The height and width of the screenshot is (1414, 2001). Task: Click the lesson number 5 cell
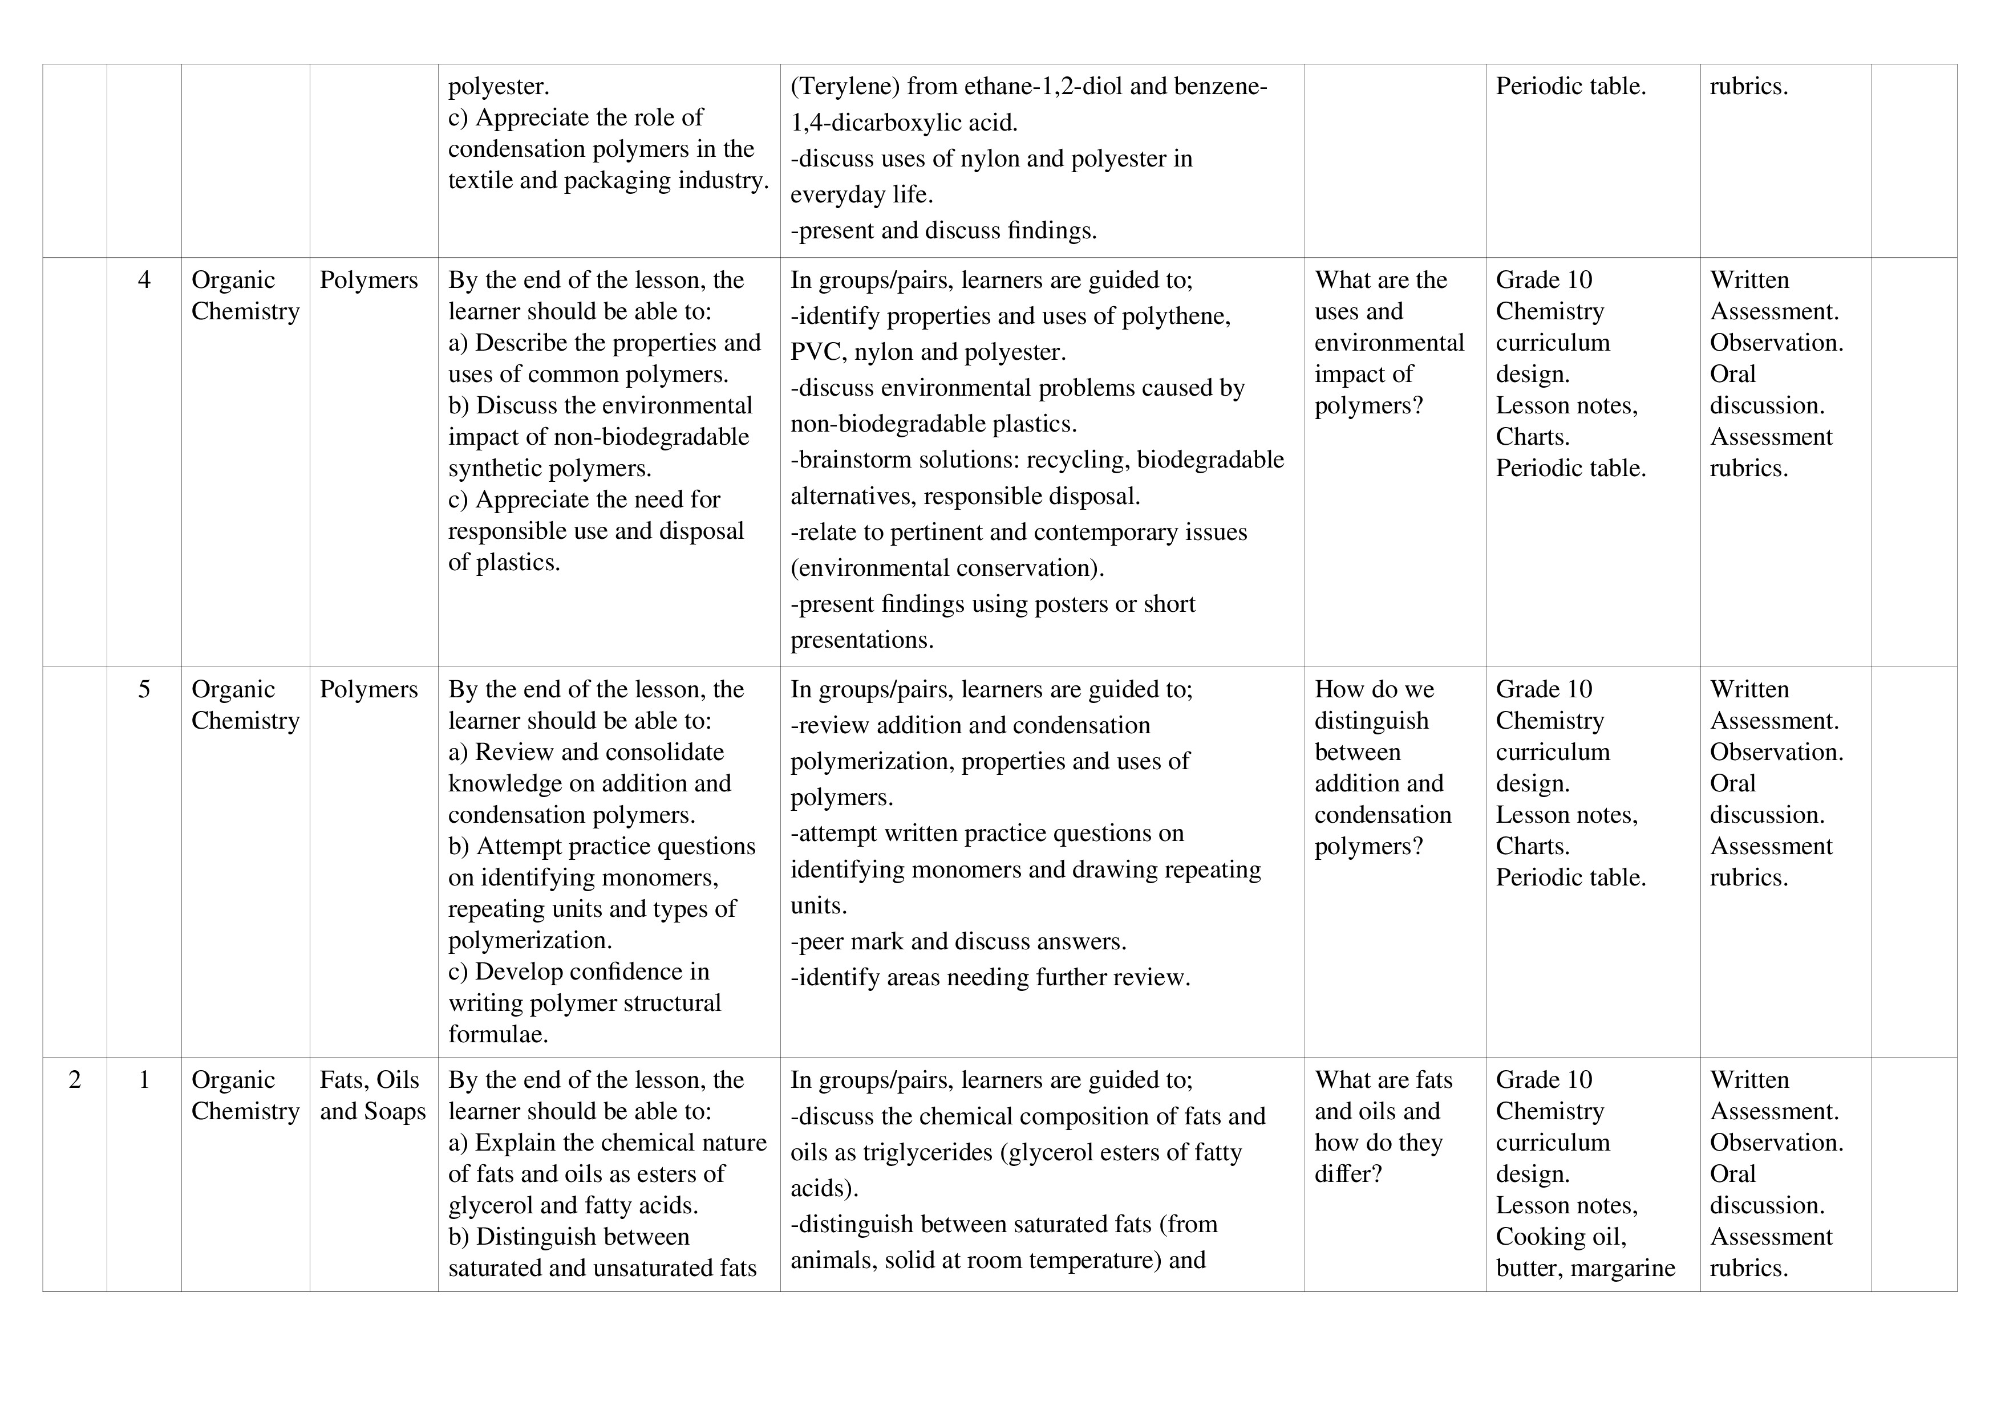(144, 690)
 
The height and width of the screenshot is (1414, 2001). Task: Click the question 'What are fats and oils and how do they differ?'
(1383, 1127)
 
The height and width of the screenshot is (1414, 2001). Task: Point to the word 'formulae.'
(497, 1035)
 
